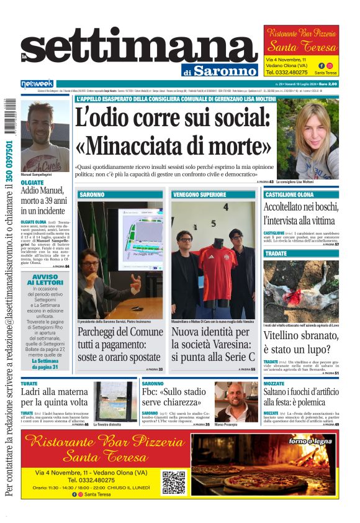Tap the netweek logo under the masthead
(37, 83)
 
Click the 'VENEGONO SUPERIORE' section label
(199, 194)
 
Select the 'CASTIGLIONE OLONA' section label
(289, 194)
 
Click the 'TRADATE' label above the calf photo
(276, 253)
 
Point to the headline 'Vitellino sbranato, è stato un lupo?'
(301, 342)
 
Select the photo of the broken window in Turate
(115, 401)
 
